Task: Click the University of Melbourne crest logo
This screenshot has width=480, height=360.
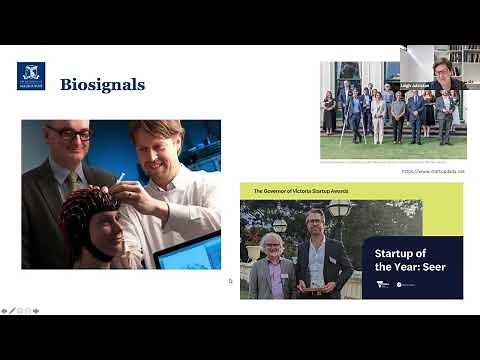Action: pos(31,76)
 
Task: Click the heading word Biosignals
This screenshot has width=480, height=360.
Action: pos(102,84)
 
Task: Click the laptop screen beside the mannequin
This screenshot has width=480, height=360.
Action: pos(189,251)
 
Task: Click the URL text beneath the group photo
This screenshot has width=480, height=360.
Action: pos(433,171)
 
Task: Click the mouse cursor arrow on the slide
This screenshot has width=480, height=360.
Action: pos(230,281)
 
